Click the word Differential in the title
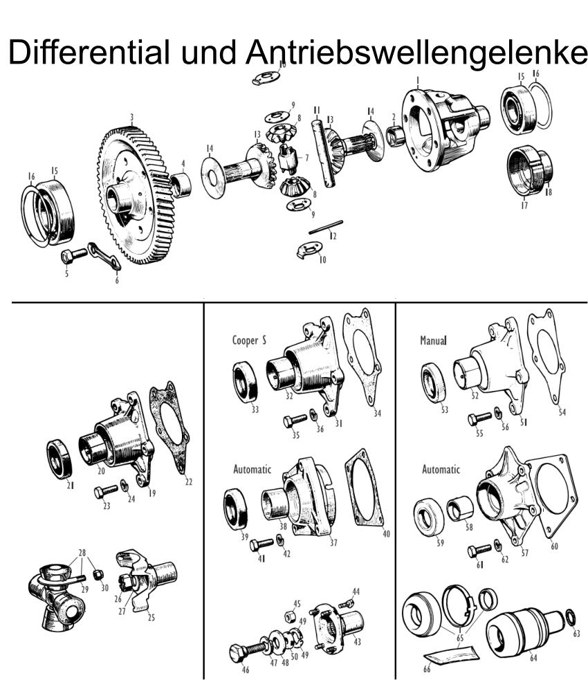click(89, 52)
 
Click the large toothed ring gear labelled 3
click(136, 195)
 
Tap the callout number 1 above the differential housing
click(418, 81)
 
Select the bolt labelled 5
click(74, 256)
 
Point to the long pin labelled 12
click(326, 228)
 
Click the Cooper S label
click(249, 340)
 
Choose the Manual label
click(433, 340)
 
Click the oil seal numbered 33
click(246, 382)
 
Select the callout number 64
click(533, 658)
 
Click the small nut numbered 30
click(98, 576)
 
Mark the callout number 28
click(82, 553)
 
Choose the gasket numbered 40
click(365, 489)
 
